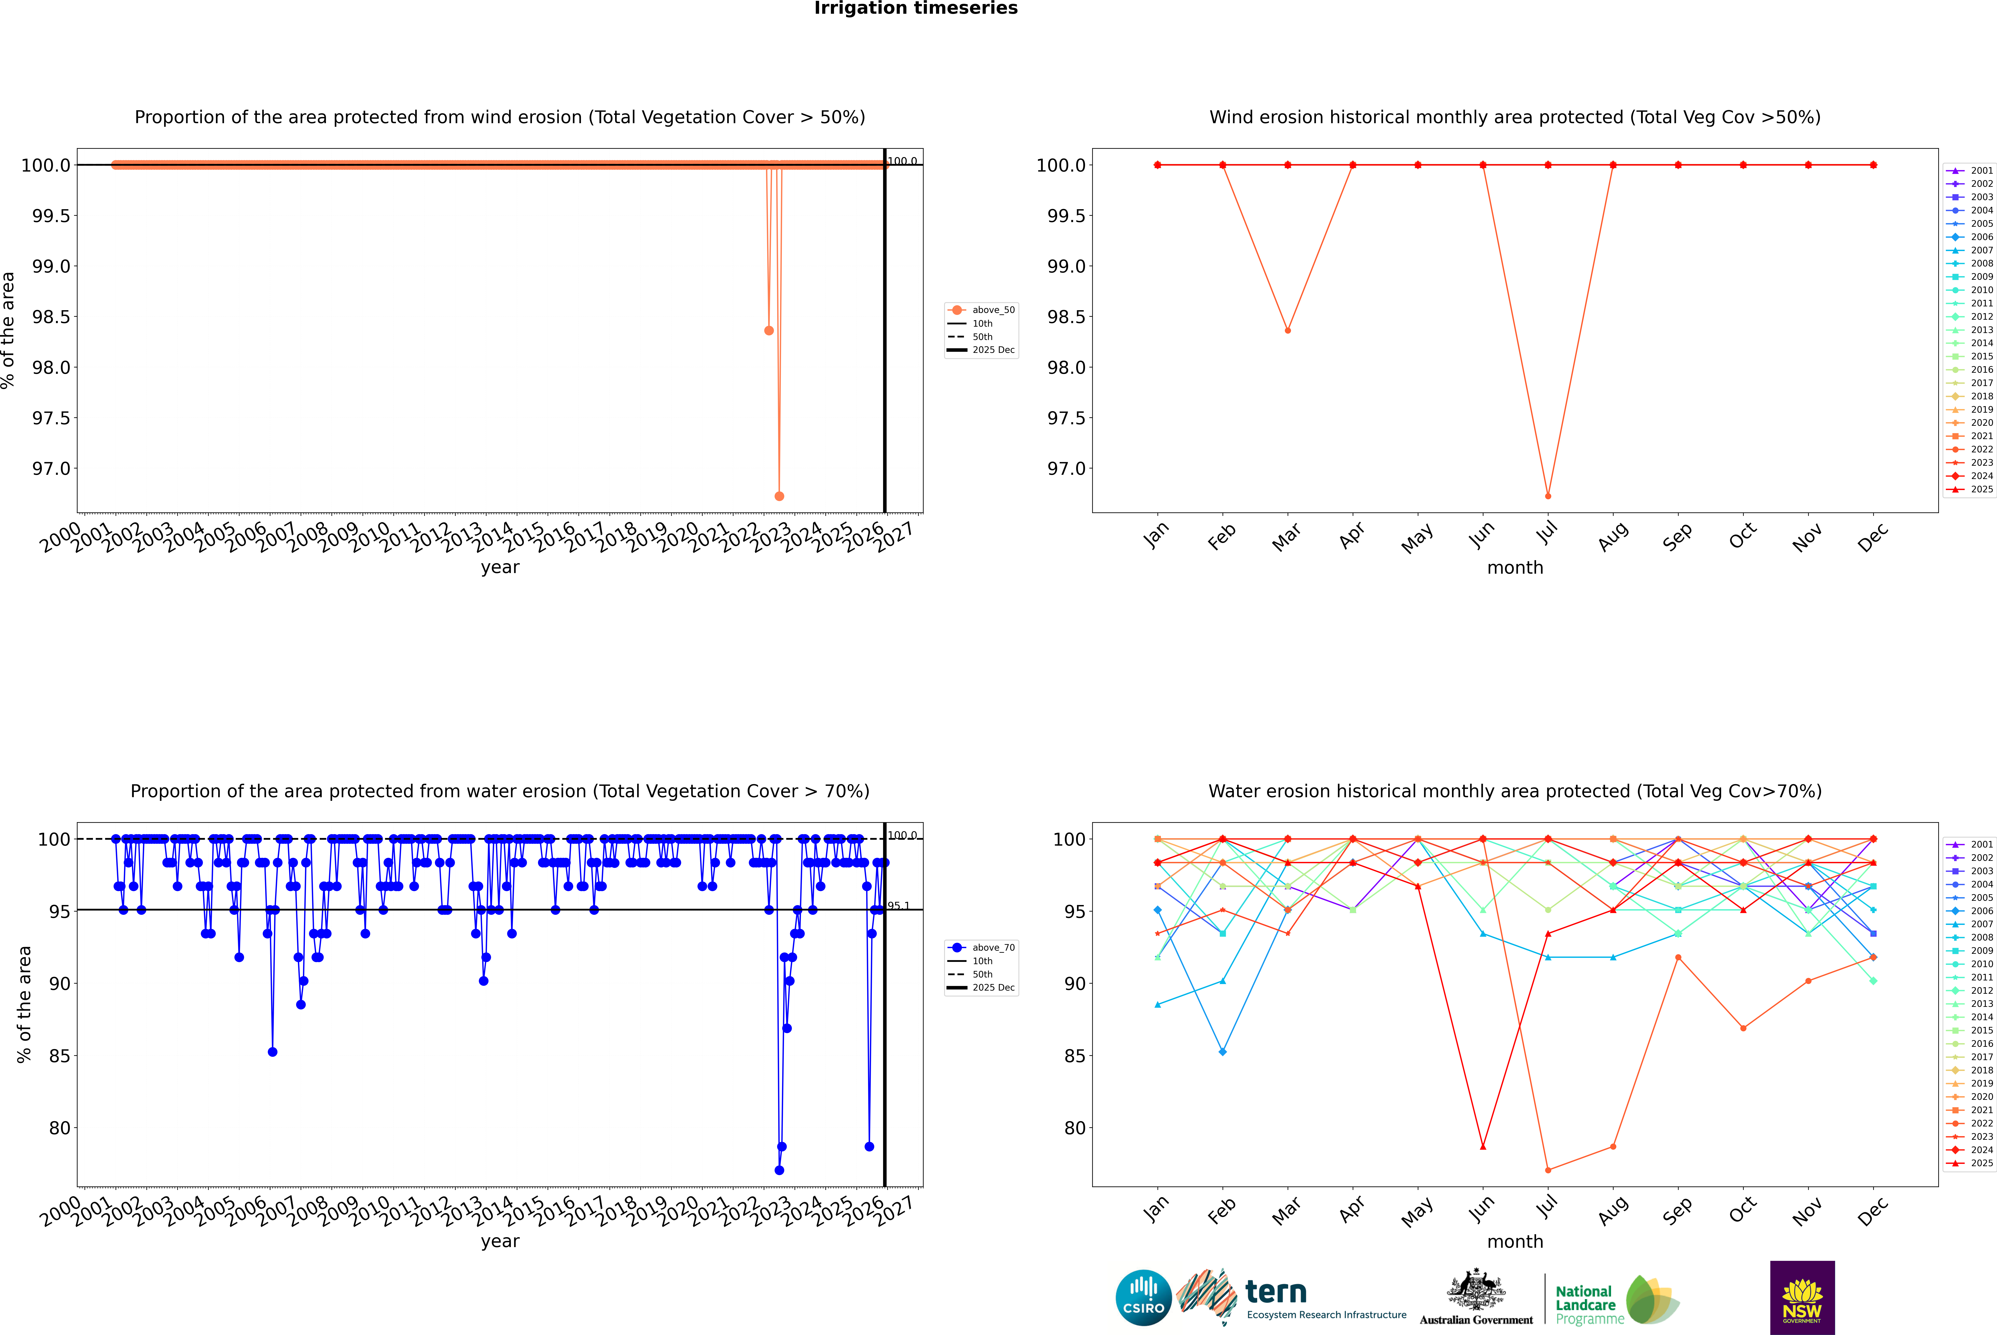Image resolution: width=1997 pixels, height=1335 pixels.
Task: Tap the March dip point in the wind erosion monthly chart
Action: pos(1287,330)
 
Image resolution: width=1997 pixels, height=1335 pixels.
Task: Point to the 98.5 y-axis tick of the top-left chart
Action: pos(51,317)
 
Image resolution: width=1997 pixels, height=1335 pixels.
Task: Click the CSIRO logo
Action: pos(1143,1298)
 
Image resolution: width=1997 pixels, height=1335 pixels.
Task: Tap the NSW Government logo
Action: pos(1802,1298)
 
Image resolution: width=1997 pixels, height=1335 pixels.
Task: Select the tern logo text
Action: pos(1275,1293)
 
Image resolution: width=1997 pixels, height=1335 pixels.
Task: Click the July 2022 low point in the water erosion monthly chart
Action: pos(1547,1170)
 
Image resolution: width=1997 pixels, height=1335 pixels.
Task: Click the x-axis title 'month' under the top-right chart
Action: pos(1514,568)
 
